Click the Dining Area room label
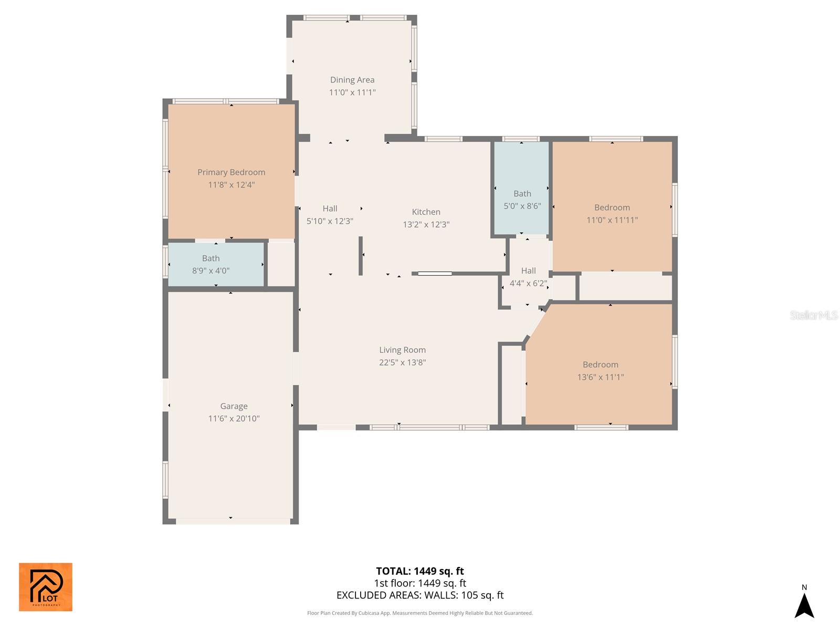(x=352, y=80)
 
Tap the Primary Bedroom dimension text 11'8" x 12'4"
(x=231, y=185)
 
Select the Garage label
(x=234, y=406)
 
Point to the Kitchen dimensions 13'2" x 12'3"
(x=426, y=225)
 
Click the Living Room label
(x=402, y=350)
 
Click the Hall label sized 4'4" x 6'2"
(x=528, y=271)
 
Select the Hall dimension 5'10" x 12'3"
(x=330, y=222)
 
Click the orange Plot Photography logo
(x=46, y=587)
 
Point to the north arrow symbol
(x=804, y=604)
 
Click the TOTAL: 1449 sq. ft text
(x=419, y=571)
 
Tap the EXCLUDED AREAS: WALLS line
(x=419, y=595)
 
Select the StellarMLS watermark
(x=813, y=315)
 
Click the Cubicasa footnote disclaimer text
(x=419, y=613)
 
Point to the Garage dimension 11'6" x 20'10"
(x=234, y=419)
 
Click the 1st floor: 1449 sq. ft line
(x=419, y=583)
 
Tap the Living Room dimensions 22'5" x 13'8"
(x=402, y=363)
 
